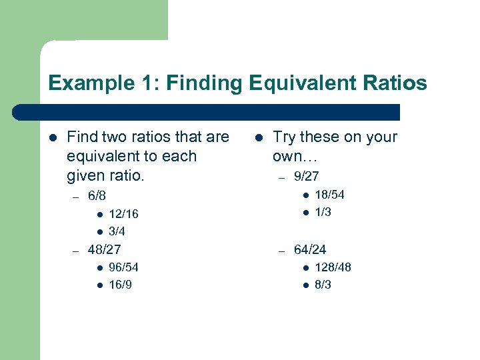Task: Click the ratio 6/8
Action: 97,197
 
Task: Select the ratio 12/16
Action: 123,214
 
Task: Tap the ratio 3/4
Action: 117,232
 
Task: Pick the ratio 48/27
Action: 104,250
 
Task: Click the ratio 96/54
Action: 123,267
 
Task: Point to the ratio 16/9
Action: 120,285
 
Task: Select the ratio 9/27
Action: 306,177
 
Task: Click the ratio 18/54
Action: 329,195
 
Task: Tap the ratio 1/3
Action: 323,212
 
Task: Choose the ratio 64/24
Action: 310,250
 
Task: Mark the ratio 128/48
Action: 333,267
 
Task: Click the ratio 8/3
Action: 323,285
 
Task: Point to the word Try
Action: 285,137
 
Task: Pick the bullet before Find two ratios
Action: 53,138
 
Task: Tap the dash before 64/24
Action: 282,251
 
